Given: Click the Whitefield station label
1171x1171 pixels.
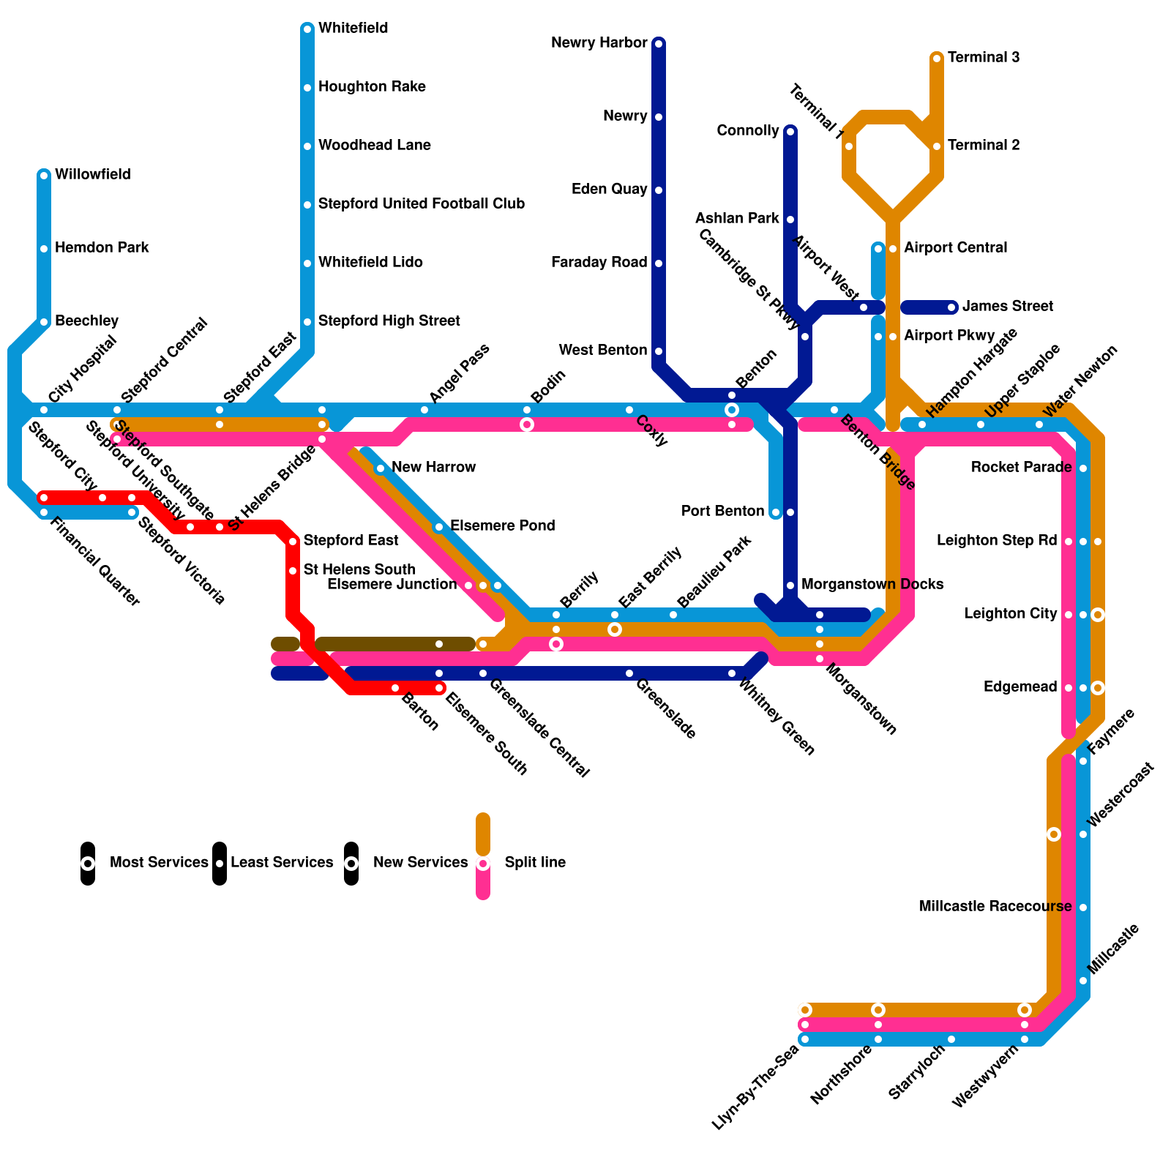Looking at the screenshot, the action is pyautogui.click(x=353, y=29).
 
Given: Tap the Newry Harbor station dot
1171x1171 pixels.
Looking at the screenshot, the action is pyautogui.click(x=659, y=44).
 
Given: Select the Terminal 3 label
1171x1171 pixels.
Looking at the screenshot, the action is pyautogui.click(x=984, y=58).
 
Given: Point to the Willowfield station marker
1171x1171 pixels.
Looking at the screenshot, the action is pyautogui.click(x=44, y=175).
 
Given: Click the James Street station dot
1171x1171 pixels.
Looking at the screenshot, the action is pyautogui.click(x=951, y=307).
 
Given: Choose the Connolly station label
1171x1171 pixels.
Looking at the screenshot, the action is pyautogui.click(x=747, y=131).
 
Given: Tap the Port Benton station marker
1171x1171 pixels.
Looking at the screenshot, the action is pyautogui.click(x=776, y=512).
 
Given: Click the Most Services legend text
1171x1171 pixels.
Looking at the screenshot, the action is pyautogui.click(x=159, y=863).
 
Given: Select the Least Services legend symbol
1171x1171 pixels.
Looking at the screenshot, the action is pyautogui.click(x=220, y=864).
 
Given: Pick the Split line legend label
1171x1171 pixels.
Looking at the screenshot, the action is pyautogui.click(x=535, y=863).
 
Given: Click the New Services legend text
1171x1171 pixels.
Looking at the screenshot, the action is pyautogui.click(x=420, y=863).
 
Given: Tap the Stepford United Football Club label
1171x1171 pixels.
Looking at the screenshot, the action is pyautogui.click(x=422, y=204).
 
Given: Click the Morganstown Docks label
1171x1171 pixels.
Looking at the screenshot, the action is pyautogui.click(x=872, y=585).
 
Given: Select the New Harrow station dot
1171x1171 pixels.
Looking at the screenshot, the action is pyautogui.click(x=381, y=468).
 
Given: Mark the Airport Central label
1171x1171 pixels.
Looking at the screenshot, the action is pyautogui.click(x=955, y=248).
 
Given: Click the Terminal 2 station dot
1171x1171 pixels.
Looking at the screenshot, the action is pyautogui.click(x=937, y=146).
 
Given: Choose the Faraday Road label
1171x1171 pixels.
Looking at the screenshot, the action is pyautogui.click(x=599, y=263).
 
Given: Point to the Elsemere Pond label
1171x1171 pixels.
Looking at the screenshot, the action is pyautogui.click(x=502, y=526).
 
